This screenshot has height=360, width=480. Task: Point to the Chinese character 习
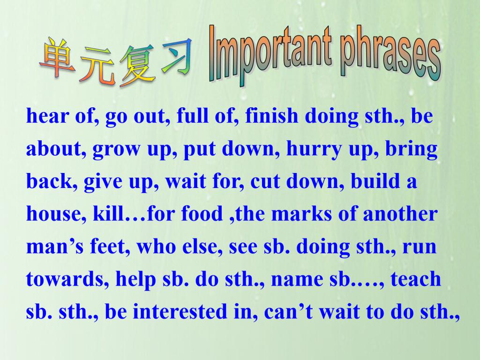[x=176, y=57]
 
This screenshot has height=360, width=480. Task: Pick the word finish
[x=272, y=116]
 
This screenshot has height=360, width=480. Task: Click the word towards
[x=66, y=279]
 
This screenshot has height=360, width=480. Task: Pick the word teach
[x=416, y=279]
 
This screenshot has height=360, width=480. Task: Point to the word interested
[x=180, y=311]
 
